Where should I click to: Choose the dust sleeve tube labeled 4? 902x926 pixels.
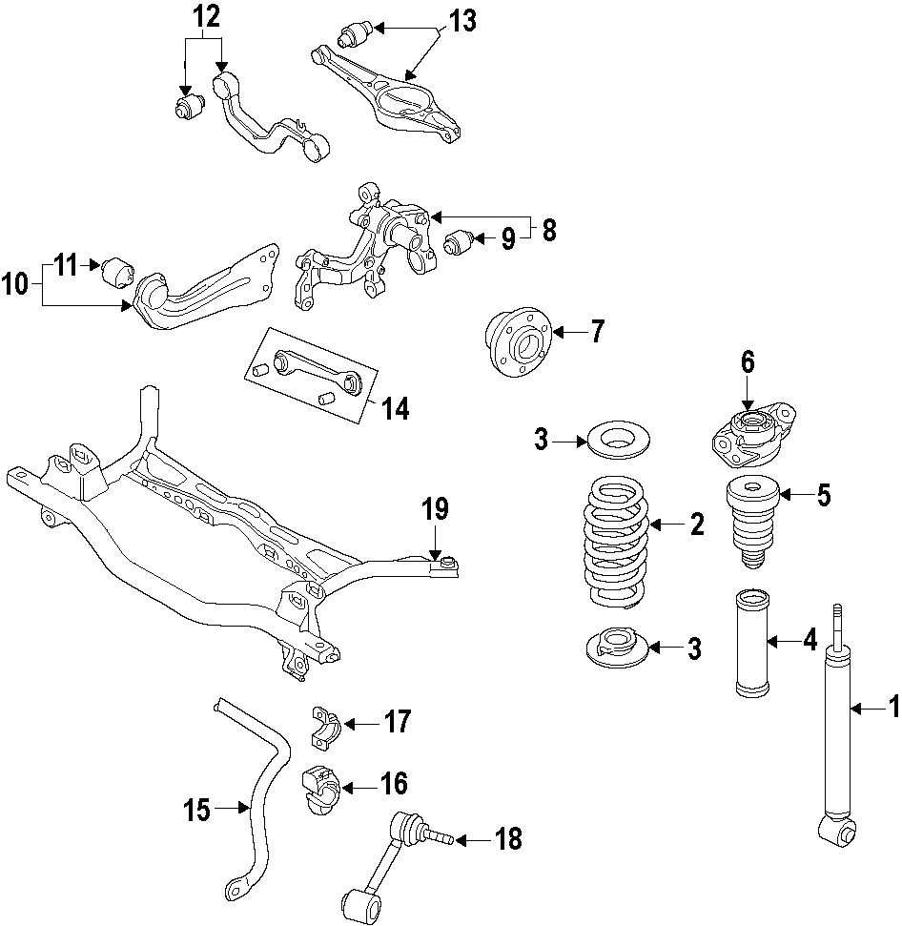coord(754,644)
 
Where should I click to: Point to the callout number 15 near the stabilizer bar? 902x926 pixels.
coord(197,811)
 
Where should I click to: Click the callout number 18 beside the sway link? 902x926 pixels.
coord(508,839)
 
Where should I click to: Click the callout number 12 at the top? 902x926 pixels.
coord(206,15)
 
